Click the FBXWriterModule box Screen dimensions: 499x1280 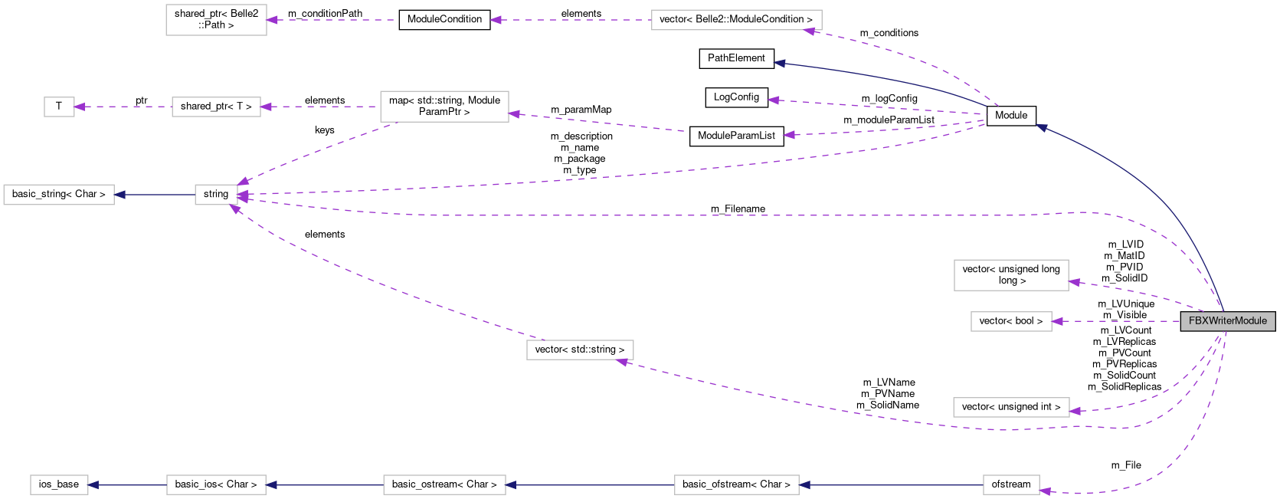[x=1227, y=321]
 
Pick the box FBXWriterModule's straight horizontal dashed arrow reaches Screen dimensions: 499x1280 [x=1011, y=321]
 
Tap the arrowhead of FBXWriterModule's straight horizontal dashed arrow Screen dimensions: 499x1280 [x=1057, y=321]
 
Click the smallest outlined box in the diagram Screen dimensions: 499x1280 [x=59, y=107]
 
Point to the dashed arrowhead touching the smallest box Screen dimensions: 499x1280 [x=80, y=107]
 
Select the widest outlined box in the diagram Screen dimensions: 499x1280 [x=736, y=20]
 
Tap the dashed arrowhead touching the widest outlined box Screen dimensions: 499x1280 [x=808, y=31]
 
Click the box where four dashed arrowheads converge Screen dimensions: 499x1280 [x=216, y=195]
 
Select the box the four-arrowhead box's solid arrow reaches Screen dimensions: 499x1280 [x=59, y=195]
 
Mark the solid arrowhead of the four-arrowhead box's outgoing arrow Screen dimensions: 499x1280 [x=119, y=195]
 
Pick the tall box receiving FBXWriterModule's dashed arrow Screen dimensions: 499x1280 [x=1011, y=275]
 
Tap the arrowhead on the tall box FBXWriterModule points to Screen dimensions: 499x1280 [x=1074, y=283]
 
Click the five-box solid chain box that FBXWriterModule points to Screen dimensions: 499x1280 [x=1011, y=485]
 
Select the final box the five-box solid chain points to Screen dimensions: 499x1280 [x=59, y=485]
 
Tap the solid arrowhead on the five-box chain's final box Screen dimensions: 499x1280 [x=93, y=485]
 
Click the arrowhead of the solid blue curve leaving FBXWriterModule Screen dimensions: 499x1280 [x=1041, y=127]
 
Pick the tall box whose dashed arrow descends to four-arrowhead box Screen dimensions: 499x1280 [x=444, y=107]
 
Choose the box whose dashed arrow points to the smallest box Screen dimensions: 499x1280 [x=216, y=107]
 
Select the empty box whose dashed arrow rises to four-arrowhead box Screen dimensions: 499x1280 [x=580, y=350]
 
